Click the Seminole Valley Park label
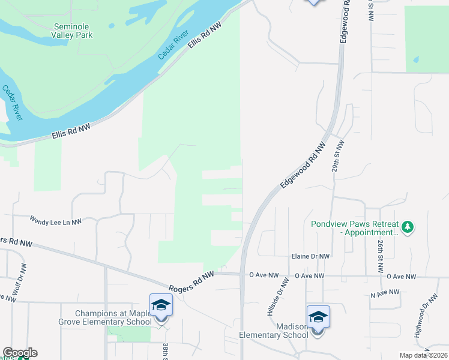[x=73, y=31]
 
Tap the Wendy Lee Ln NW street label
[x=55, y=222]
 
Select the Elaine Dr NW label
[x=310, y=256]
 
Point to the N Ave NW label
[x=384, y=292]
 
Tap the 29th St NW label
[x=339, y=157]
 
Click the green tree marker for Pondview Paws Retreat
[x=408, y=227]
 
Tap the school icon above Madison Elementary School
[x=318, y=317]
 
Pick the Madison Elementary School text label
[x=274, y=331]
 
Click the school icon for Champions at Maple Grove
[x=161, y=305]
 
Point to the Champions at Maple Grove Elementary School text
[x=113, y=318]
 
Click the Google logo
[x=20, y=353]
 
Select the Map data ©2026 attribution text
[x=424, y=355]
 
